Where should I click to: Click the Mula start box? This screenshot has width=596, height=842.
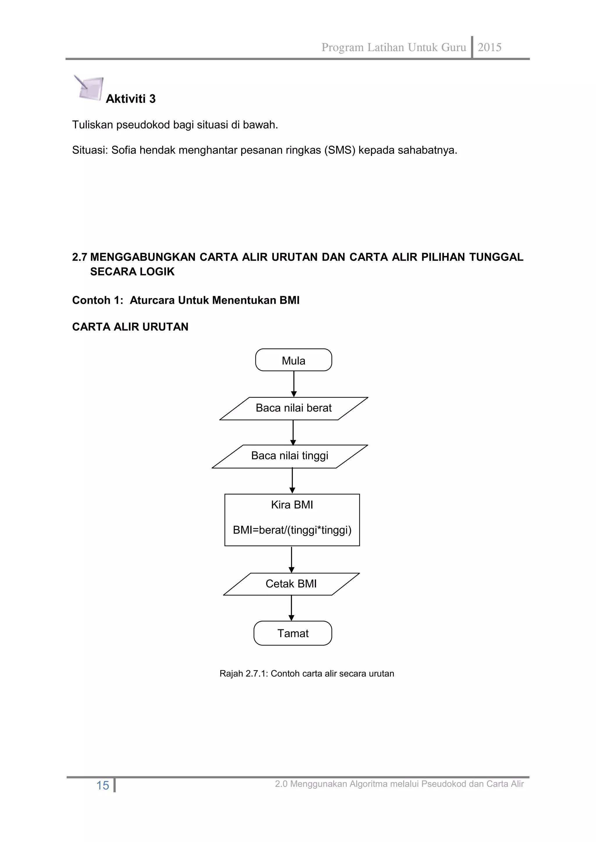coord(294,360)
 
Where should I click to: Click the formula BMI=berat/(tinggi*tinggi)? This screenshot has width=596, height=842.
coord(292,530)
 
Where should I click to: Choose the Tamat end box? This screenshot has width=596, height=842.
coord(293,633)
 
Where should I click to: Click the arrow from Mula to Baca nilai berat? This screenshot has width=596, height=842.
coord(294,384)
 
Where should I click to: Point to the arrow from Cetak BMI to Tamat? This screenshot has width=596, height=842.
coord(291,608)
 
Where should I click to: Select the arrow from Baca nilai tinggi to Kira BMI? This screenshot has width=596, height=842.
coord(292,481)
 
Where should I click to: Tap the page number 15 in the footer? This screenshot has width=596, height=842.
coord(102,786)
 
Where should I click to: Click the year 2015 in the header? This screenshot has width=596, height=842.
coord(489,47)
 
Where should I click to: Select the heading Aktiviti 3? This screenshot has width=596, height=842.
coord(131,99)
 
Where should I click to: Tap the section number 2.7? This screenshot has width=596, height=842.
coord(79,257)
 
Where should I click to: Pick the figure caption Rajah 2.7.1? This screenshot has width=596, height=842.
coord(306,674)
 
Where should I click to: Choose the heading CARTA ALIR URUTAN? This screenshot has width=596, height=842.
coord(130,327)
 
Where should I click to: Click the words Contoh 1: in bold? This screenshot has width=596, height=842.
coord(97,300)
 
